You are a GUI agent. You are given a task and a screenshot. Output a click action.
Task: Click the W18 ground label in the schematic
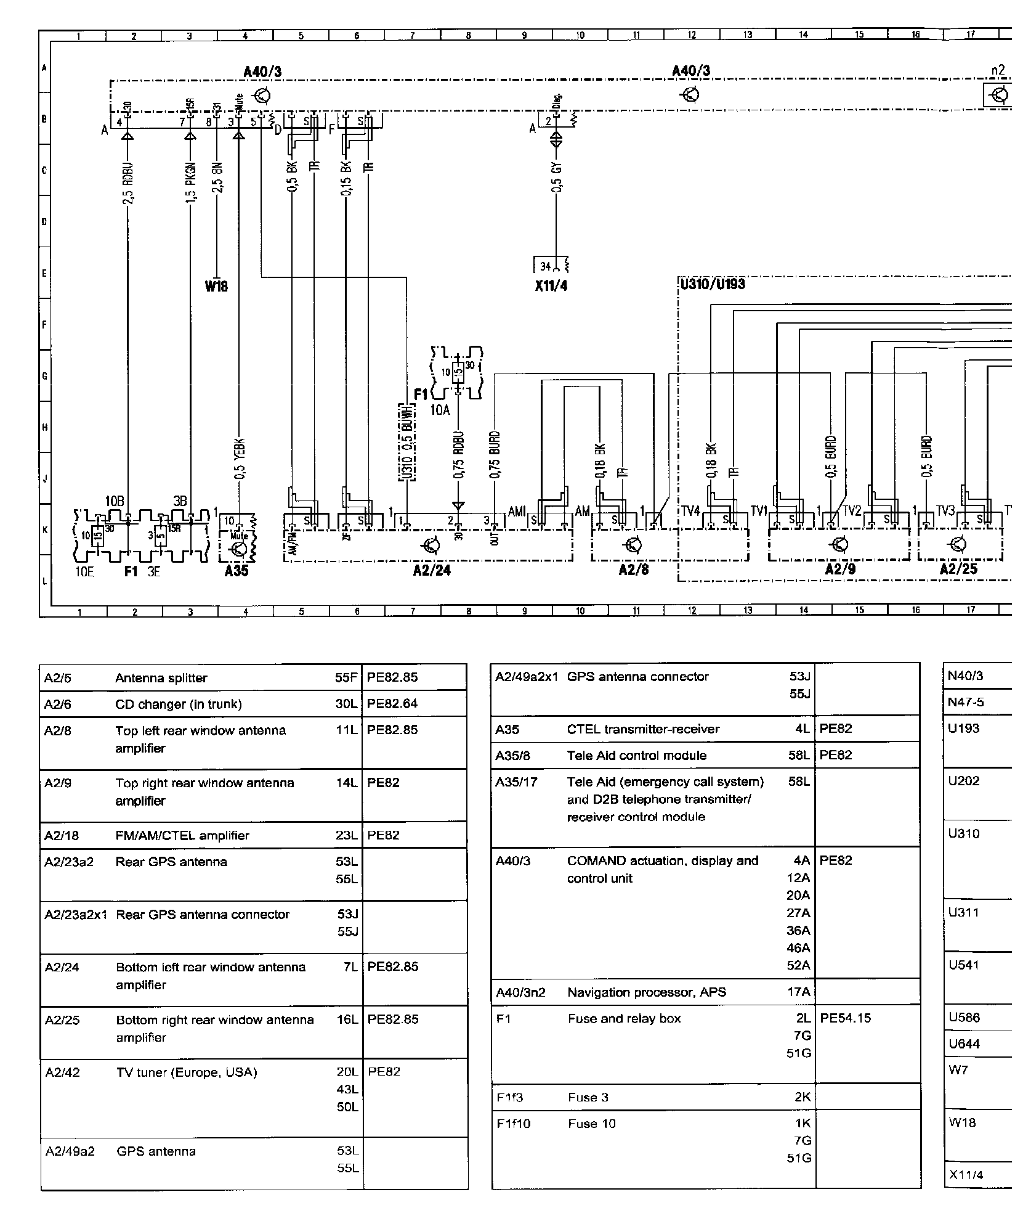pos(216,287)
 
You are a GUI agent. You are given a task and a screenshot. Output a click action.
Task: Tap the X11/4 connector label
pos(551,287)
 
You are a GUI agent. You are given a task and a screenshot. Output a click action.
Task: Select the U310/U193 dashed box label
pos(713,284)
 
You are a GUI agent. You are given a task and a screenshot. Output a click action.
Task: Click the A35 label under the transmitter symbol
pos(237,571)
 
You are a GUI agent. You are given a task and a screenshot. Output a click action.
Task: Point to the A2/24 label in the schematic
pos(432,571)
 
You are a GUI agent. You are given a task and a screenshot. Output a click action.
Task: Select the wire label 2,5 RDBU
pos(128,182)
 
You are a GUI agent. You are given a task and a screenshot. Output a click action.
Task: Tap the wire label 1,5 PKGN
pos(191,182)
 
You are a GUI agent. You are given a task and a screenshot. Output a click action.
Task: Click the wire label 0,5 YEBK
pos(240,459)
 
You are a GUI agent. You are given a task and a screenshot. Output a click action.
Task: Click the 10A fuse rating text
pos(440,410)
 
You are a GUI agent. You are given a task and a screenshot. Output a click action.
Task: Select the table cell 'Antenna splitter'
pos(161,678)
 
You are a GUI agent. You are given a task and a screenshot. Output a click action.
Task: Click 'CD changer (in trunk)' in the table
pos(179,705)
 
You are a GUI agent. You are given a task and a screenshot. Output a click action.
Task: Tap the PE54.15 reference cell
pos(846,1018)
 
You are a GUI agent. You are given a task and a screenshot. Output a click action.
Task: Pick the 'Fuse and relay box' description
pos(624,1018)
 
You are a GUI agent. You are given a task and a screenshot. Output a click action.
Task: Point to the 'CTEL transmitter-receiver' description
pos(643,729)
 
